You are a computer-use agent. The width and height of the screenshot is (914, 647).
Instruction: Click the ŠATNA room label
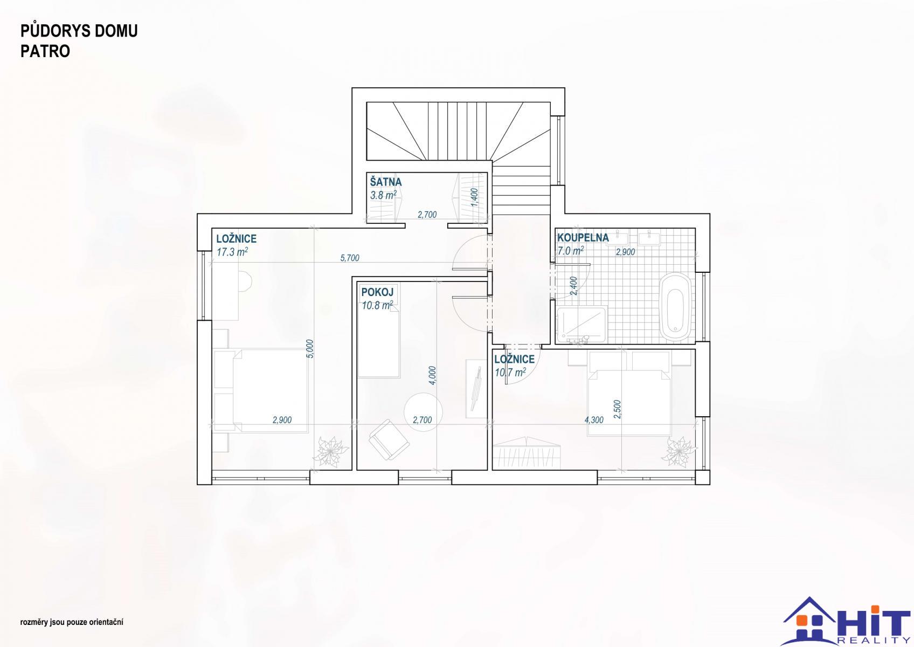coord(386,182)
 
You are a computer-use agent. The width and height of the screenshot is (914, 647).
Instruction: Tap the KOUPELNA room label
coord(583,237)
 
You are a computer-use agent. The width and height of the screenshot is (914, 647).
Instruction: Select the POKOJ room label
coord(377,292)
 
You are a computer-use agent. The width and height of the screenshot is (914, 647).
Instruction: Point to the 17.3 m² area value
coord(232,252)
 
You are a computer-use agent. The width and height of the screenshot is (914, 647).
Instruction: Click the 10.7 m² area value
coord(510,372)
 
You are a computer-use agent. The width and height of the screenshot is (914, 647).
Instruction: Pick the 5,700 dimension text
coord(350,258)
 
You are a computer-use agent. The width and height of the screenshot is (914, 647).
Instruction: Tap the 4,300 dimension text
coord(594,420)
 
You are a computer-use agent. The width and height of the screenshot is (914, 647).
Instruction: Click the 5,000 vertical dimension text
coord(310,349)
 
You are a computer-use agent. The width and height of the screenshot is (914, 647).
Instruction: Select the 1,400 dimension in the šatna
coord(474,197)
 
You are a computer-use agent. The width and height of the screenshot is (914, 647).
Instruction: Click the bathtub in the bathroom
coord(676,307)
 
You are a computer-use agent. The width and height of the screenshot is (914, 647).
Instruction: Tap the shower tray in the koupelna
coord(582,325)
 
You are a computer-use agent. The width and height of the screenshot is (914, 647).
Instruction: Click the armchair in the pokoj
coord(389,440)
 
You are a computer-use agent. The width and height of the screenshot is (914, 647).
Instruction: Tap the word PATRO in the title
coord(45,51)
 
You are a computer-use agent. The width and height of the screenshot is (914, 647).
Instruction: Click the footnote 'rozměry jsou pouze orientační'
coord(72,622)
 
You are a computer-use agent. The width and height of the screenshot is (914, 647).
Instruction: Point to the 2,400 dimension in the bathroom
coord(574,286)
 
